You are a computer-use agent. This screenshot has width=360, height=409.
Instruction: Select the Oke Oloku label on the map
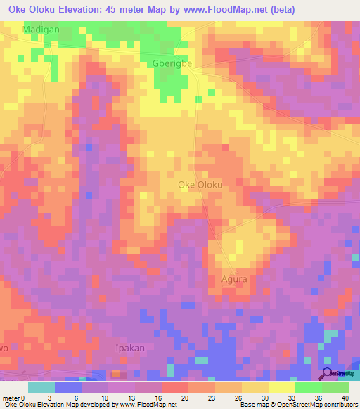pyautogui.click(x=200, y=185)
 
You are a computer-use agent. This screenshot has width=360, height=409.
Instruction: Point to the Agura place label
pyautogui.click(x=234, y=278)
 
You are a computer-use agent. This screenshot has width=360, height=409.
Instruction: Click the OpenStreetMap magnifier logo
pyautogui.click(x=327, y=375)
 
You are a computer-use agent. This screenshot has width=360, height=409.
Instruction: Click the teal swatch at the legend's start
pyautogui.click(x=41, y=387)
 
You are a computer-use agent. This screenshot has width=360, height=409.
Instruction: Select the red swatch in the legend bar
pyautogui.click(x=174, y=387)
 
